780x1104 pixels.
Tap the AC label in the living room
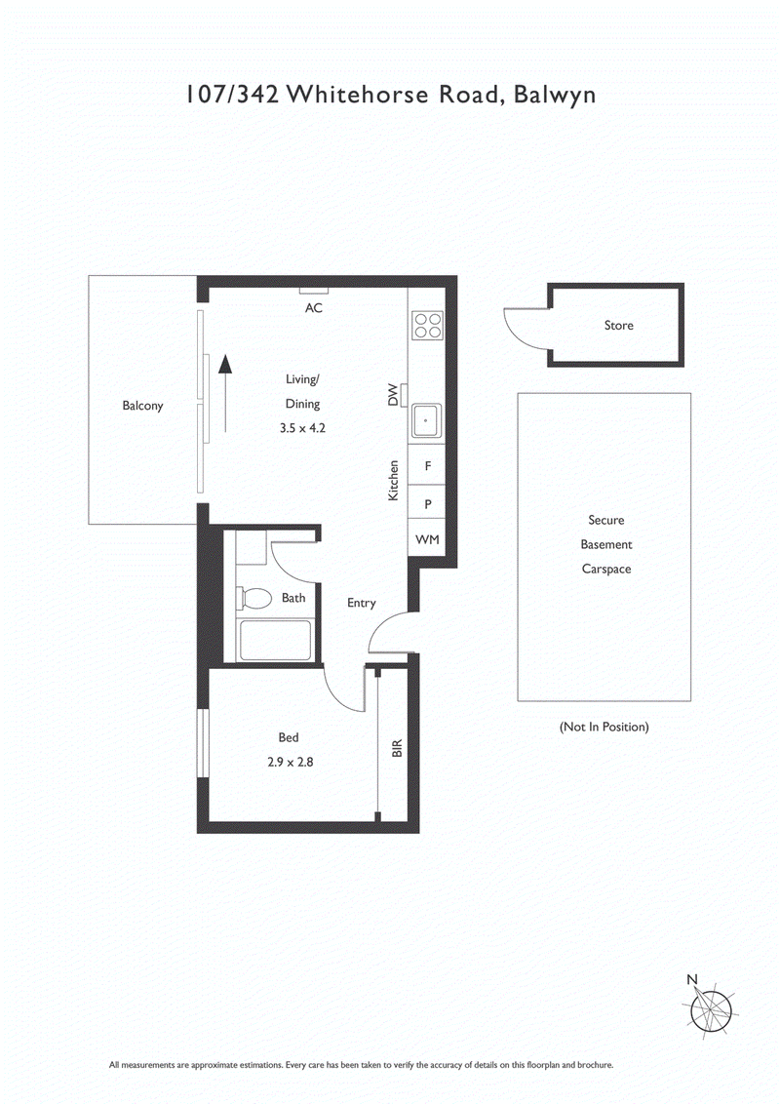click(314, 307)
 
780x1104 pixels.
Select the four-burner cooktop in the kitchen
click(426, 325)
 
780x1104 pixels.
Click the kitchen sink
click(426, 421)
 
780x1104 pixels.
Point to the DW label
click(395, 395)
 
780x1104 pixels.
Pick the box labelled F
click(427, 466)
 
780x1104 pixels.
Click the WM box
click(427, 539)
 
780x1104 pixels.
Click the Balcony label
click(142, 406)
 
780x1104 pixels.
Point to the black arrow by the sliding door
click(225, 390)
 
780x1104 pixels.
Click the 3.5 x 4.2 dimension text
click(301, 427)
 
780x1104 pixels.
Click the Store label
click(618, 325)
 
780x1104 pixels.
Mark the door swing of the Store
click(525, 327)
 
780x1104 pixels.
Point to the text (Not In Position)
click(604, 727)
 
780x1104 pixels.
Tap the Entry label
click(361, 603)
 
